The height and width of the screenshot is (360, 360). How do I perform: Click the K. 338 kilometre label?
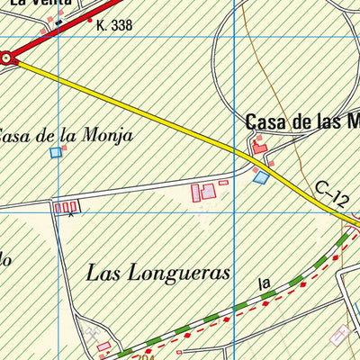pos(113,26)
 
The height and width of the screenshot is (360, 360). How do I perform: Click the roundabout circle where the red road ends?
pos(8,58)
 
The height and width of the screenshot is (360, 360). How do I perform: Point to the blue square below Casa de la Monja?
pos(56,153)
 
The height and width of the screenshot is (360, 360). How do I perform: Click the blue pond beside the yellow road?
pos(261,178)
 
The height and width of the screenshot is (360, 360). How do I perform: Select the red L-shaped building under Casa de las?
pos(260,144)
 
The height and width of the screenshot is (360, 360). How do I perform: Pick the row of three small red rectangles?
pos(66,208)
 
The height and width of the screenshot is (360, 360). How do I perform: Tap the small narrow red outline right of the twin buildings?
pos(223,183)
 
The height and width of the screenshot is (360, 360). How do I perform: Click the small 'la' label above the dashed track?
pos(264,284)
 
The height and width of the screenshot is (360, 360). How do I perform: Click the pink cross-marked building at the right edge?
pos(340,335)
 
